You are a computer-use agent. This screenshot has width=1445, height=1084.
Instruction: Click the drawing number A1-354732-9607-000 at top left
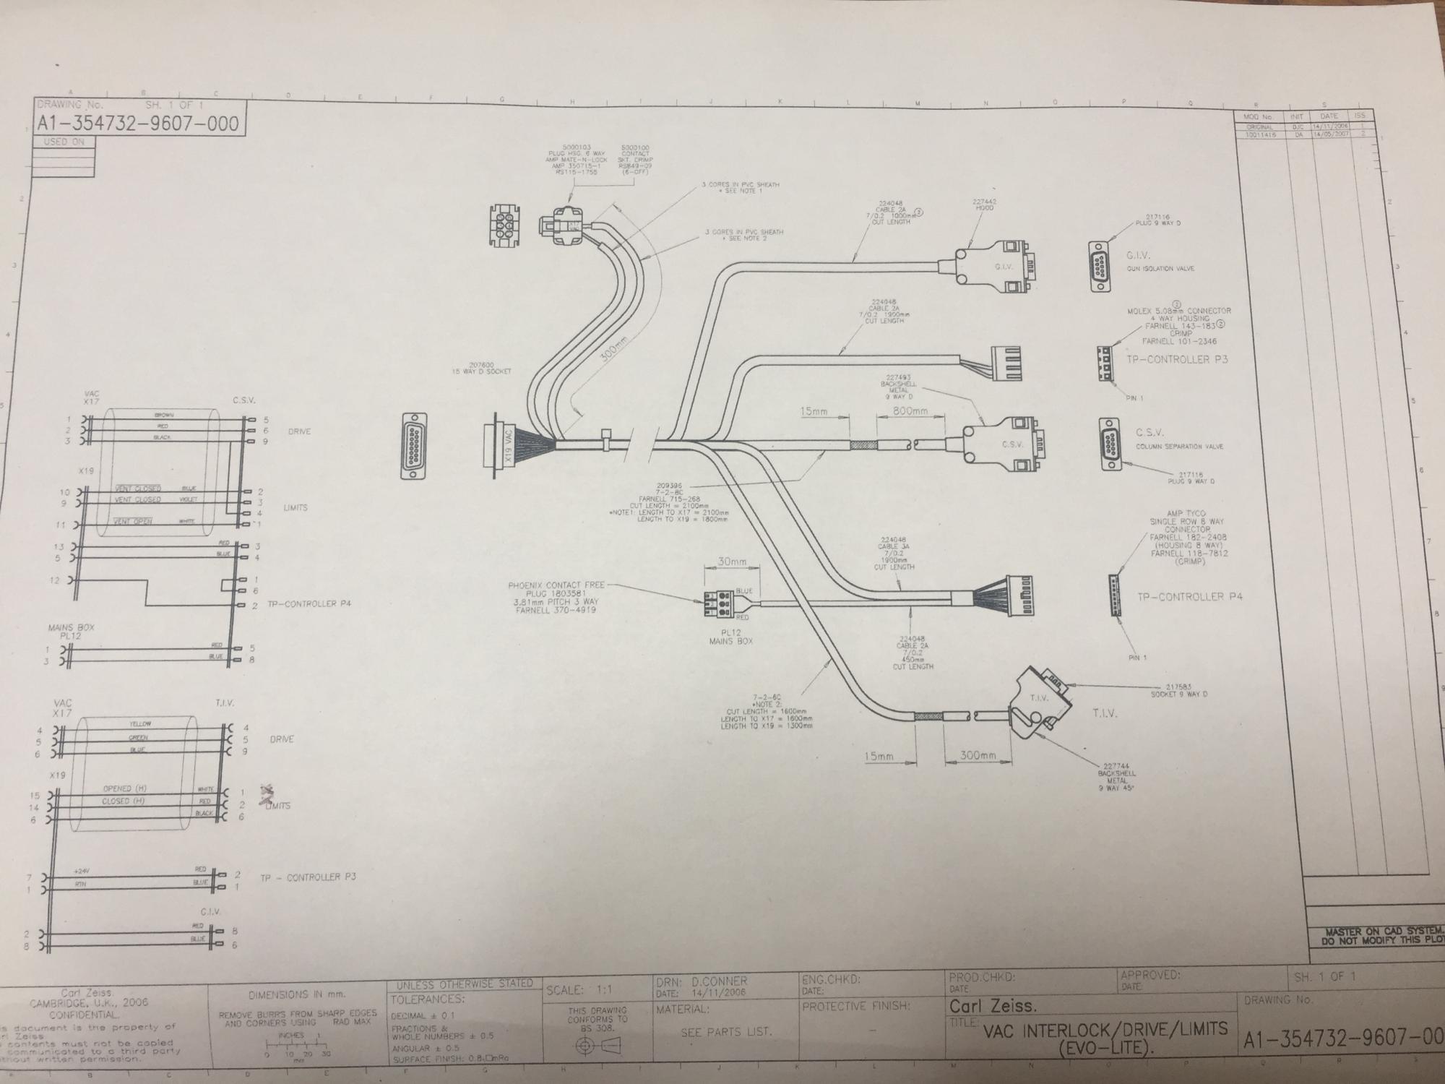click(x=138, y=124)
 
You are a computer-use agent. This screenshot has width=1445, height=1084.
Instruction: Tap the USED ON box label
click(x=64, y=142)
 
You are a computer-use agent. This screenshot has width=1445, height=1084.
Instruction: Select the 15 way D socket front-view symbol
click(x=414, y=445)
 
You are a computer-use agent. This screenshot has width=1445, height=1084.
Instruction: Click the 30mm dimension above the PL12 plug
click(x=732, y=562)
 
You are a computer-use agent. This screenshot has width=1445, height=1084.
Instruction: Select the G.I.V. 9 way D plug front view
click(x=1100, y=267)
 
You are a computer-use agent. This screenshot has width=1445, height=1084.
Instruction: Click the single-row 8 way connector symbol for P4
click(x=1116, y=594)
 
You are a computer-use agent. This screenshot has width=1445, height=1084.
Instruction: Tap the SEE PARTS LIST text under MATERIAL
click(x=726, y=1032)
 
